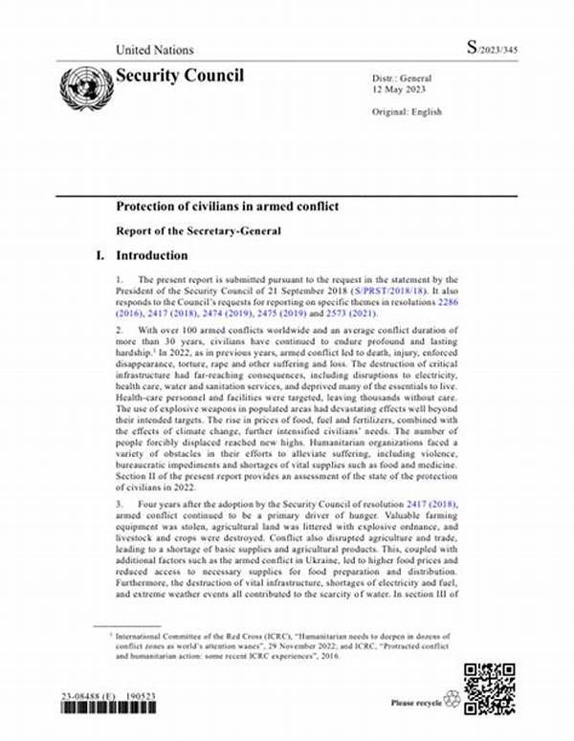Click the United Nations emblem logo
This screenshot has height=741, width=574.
pyautogui.click(x=86, y=87)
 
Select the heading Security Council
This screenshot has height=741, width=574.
pyautogui.click(x=180, y=76)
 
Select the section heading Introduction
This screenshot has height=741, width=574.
pyautogui.click(x=152, y=256)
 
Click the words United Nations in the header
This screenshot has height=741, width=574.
pyautogui.click(x=154, y=50)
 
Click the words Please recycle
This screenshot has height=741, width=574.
pyautogui.click(x=416, y=704)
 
